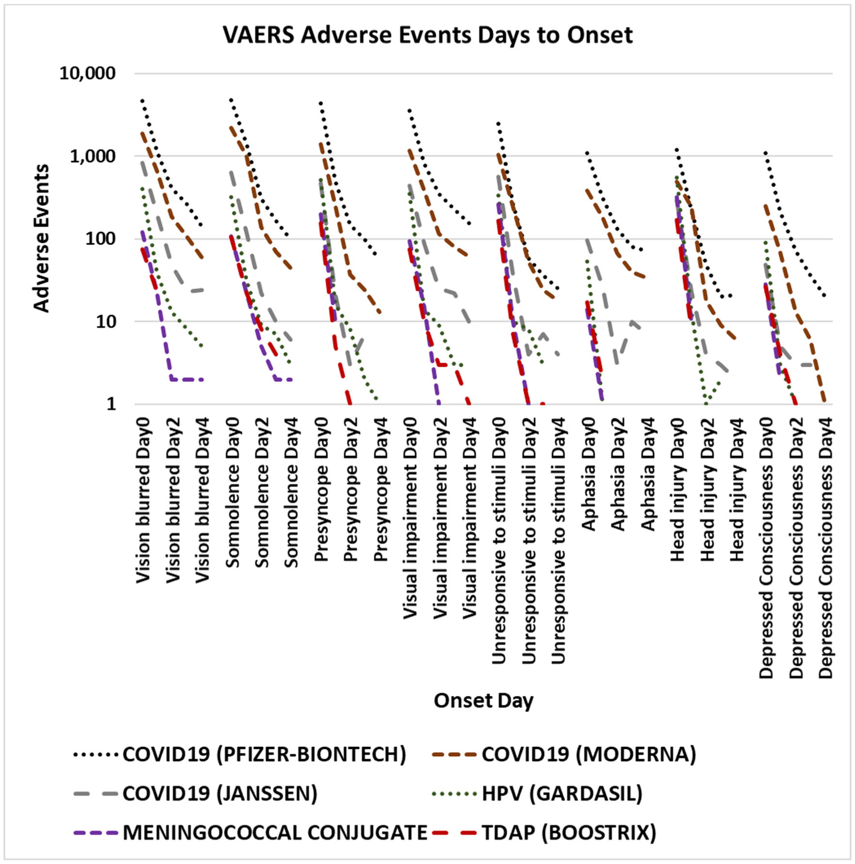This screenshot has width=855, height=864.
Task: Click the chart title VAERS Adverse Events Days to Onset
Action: tap(427, 35)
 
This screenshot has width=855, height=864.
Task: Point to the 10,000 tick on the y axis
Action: tap(87, 73)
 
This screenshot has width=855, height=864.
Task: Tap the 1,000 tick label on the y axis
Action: tap(92, 156)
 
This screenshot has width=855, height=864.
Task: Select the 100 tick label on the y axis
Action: tap(101, 238)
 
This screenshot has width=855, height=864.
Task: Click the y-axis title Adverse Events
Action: tap(42, 238)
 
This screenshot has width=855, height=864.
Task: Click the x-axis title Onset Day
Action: tap(483, 700)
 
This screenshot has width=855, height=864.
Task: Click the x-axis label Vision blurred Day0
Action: tap(143, 500)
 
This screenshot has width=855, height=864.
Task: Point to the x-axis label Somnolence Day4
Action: tap(291, 492)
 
